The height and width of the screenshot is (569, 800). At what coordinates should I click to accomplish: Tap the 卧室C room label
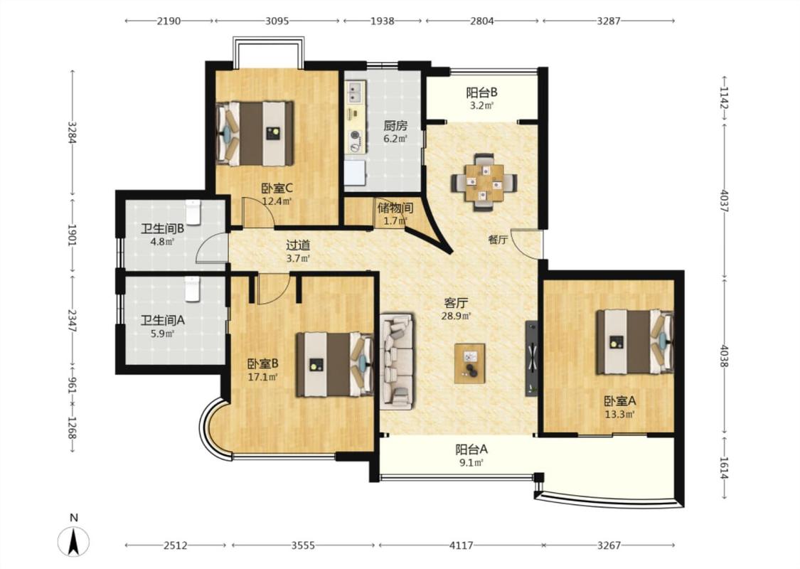(277, 188)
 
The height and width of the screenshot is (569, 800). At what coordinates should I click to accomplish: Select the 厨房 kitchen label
(395, 126)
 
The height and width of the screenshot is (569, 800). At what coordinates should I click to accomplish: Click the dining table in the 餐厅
(484, 182)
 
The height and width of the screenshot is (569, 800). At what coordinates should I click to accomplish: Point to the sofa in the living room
(396, 362)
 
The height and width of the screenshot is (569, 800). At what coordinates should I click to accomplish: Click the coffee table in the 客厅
(470, 363)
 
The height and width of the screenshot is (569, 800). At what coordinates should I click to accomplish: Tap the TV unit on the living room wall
(532, 358)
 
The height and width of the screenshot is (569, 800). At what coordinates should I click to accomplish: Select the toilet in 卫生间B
(193, 212)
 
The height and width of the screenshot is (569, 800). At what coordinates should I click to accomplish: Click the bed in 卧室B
(335, 364)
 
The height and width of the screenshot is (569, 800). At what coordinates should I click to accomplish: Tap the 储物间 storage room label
(395, 208)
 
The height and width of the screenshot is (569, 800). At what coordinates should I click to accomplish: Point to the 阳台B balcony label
(481, 93)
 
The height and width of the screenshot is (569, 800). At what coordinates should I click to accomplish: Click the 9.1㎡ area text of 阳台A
(471, 463)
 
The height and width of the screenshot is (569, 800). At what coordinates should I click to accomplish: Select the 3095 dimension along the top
(277, 21)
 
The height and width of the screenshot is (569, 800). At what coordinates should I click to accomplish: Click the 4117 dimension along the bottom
(461, 546)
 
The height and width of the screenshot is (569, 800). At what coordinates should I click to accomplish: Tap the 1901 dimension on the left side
(72, 235)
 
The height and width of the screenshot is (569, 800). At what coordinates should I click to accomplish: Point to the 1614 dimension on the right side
(724, 467)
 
